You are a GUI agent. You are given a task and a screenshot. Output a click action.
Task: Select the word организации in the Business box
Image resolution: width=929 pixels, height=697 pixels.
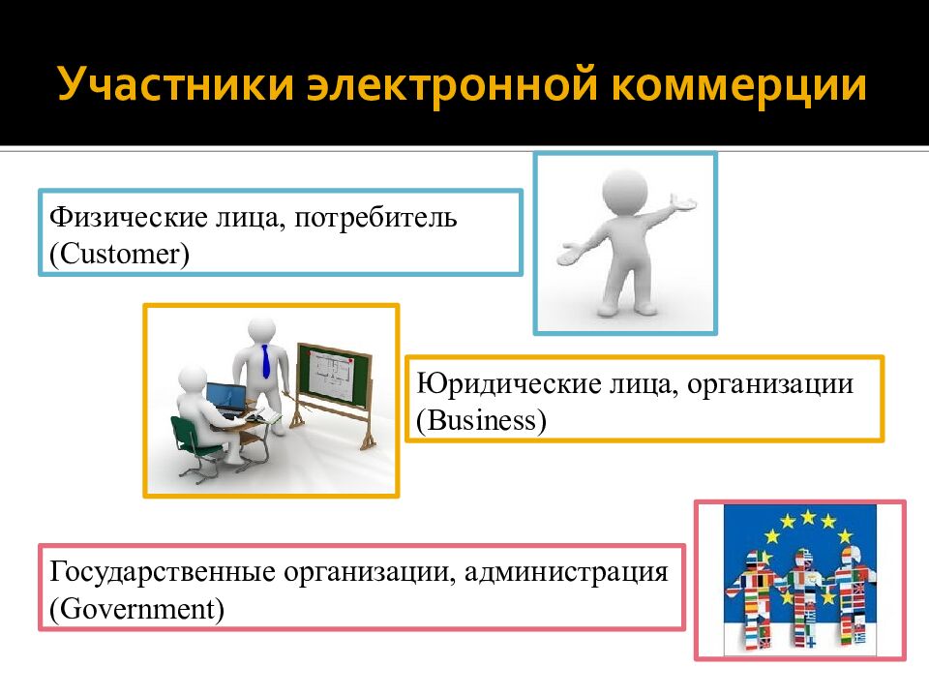762,384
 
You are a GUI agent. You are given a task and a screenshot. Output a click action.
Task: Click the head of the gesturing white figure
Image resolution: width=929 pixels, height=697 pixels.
624,189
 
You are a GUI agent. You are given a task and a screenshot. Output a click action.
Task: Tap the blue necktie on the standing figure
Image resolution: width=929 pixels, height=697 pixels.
266,361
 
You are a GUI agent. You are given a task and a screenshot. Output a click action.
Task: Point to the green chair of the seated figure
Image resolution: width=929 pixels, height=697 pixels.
195,440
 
